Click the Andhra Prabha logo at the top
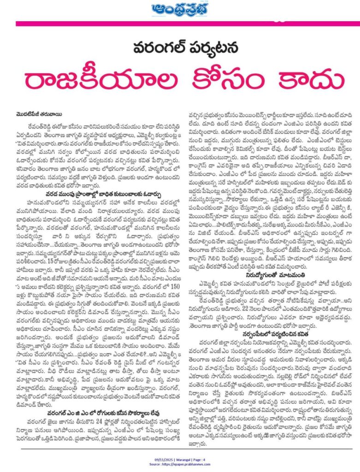coord(179,9)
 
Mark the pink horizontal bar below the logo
coord(179,23)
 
